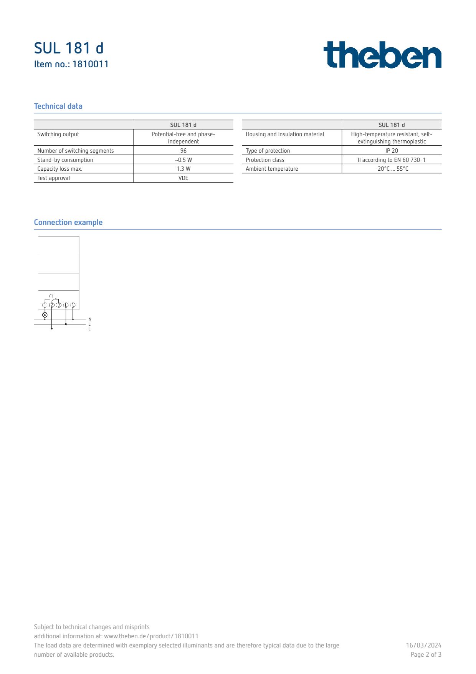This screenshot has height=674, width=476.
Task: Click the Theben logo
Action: click(382, 55)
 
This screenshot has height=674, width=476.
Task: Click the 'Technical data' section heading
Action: click(58, 106)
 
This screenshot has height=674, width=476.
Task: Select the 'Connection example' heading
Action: click(68, 222)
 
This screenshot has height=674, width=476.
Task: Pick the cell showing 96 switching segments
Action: click(183, 151)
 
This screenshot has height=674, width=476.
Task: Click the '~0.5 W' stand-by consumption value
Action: click(183, 160)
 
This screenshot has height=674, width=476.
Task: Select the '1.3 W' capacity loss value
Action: click(183, 169)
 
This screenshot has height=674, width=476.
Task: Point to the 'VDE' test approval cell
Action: click(183, 178)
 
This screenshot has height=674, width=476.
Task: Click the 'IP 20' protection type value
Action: click(392, 151)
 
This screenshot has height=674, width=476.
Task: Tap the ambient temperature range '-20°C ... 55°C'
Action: click(392, 169)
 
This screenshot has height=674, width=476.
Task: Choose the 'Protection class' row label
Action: click(265, 160)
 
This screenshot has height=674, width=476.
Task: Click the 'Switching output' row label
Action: click(58, 134)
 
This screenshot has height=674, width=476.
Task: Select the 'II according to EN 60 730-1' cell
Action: click(392, 160)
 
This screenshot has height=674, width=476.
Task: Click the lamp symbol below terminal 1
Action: click(45, 315)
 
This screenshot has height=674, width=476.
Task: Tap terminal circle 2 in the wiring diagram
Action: click(52, 305)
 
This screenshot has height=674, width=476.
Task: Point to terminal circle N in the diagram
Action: click(73, 305)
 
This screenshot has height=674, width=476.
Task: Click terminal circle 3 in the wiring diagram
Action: click(59, 305)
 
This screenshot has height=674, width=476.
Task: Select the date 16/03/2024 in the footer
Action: click(423, 645)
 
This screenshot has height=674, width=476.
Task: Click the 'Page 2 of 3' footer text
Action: click(426, 654)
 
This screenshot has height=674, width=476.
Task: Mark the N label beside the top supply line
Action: click(90, 320)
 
